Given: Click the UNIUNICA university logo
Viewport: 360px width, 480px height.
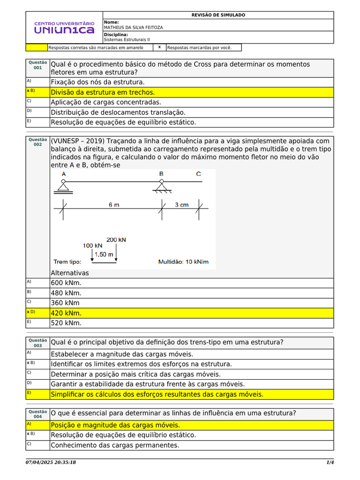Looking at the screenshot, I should pyautogui.click(x=64, y=28).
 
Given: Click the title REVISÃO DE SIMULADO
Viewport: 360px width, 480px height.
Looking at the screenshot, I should pyautogui.click(x=218, y=15).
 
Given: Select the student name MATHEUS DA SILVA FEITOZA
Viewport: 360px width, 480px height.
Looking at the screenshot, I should pyautogui.click(x=133, y=28).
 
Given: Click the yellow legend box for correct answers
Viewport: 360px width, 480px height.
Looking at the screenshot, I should pyautogui.click(x=37, y=47).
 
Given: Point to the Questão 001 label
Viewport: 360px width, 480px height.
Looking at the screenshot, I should pyautogui.click(x=37, y=65).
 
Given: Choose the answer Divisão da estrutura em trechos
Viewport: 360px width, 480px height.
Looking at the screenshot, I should pyautogui.click(x=103, y=92).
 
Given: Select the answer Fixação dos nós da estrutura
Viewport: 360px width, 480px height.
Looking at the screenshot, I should pyautogui.click(x=97, y=82).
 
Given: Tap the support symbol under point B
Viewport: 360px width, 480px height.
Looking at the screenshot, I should pyautogui.click(x=161, y=187).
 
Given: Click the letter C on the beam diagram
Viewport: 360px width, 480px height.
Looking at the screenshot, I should pyautogui.click(x=199, y=174).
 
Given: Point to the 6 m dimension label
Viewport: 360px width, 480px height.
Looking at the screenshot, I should pyautogui.click(x=114, y=205).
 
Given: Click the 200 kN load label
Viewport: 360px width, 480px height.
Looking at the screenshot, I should pyautogui.click(x=116, y=240).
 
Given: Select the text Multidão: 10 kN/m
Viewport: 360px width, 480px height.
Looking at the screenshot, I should pyautogui.click(x=183, y=262).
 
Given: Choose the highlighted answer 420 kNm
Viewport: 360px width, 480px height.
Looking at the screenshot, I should pyautogui.click(x=66, y=313).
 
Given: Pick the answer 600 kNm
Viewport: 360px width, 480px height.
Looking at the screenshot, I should pyautogui.click(x=66, y=283).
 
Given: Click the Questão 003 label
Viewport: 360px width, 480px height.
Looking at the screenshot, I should pyautogui.click(x=37, y=343).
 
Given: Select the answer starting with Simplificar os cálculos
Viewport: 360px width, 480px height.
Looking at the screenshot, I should pyautogui.click(x=157, y=394).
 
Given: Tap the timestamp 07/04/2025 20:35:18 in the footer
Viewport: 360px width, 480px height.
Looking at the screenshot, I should pyautogui.click(x=51, y=463).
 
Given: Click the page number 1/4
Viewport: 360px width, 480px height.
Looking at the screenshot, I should pyautogui.click(x=330, y=463).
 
